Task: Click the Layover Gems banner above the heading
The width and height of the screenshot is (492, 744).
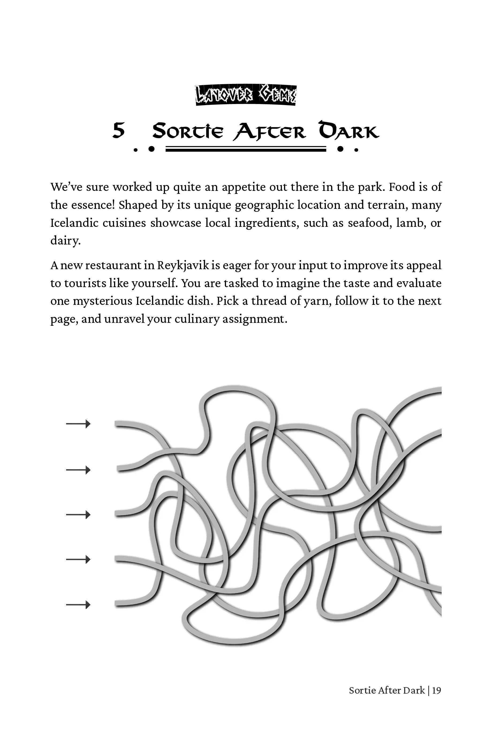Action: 246,95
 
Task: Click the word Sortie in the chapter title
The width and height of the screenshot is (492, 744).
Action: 188,131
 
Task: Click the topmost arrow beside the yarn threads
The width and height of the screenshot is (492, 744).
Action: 78,424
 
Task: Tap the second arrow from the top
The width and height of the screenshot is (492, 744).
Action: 78,470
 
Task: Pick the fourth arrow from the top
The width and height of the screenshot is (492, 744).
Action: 78,559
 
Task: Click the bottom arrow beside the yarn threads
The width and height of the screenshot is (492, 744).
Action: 78,605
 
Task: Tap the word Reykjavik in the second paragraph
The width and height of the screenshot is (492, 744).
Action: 183,265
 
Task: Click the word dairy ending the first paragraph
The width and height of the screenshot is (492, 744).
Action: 65,241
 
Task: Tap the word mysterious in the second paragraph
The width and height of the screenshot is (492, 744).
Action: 103,301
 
